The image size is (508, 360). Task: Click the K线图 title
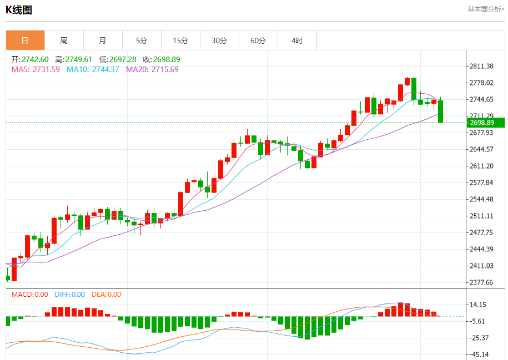point(19,9)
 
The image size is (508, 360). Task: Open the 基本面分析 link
point(486,9)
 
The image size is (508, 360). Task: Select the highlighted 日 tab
point(25,40)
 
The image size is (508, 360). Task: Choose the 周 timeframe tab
point(64,40)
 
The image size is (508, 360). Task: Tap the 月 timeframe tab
point(103,40)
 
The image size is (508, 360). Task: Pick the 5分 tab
point(142,40)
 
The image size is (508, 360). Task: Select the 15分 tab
point(180,40)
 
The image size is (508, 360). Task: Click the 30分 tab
point(219,40)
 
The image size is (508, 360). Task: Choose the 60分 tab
point(258,40)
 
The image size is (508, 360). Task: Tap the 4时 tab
point(297,40)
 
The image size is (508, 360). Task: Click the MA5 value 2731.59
point(46,69)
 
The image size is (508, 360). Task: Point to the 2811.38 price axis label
point(481,66)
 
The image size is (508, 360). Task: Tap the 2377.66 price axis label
point(481,282)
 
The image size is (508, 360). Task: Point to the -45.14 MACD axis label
point(479,354)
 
